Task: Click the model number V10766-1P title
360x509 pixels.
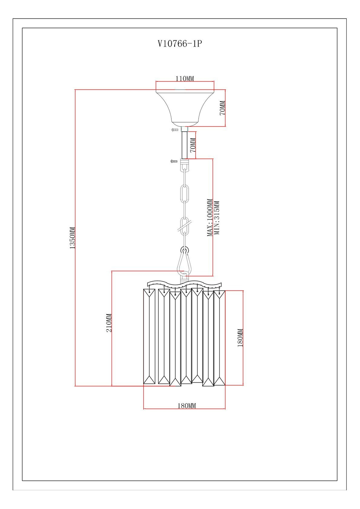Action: (x=180, y=44)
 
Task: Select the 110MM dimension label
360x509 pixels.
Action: (x=184, y=78)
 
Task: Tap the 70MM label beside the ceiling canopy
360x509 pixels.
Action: (x=222, y=108)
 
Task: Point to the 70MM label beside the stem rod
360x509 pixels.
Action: (x=193, y=145)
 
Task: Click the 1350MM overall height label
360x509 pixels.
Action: (x=72, y=238)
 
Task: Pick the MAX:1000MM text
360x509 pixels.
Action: (x=210, y=218)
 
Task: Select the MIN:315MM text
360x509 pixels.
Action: (x=217, y=218)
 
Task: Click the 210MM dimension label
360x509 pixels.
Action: (x=109, y=323)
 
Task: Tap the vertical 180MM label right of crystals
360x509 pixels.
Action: (x=240, y=337)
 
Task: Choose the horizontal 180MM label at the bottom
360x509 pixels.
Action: (x=187, y=406)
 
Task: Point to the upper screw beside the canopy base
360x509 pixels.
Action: (x=175, y=129)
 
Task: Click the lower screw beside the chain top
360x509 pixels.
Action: (x=174, y=161)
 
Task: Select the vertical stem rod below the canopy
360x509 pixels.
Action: (x=185, y=145)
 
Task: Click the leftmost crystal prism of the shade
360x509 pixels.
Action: (x=149, y=336)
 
